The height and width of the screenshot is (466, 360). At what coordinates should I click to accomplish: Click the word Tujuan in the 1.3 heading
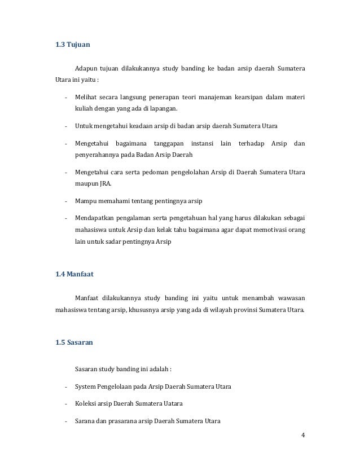pos(78,44)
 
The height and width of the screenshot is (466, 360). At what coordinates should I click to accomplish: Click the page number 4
pos(303,435)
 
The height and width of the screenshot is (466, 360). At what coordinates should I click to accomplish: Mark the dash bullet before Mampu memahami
pos(67,201)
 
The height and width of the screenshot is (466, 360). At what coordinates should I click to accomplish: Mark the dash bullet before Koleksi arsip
pos(67,404)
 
